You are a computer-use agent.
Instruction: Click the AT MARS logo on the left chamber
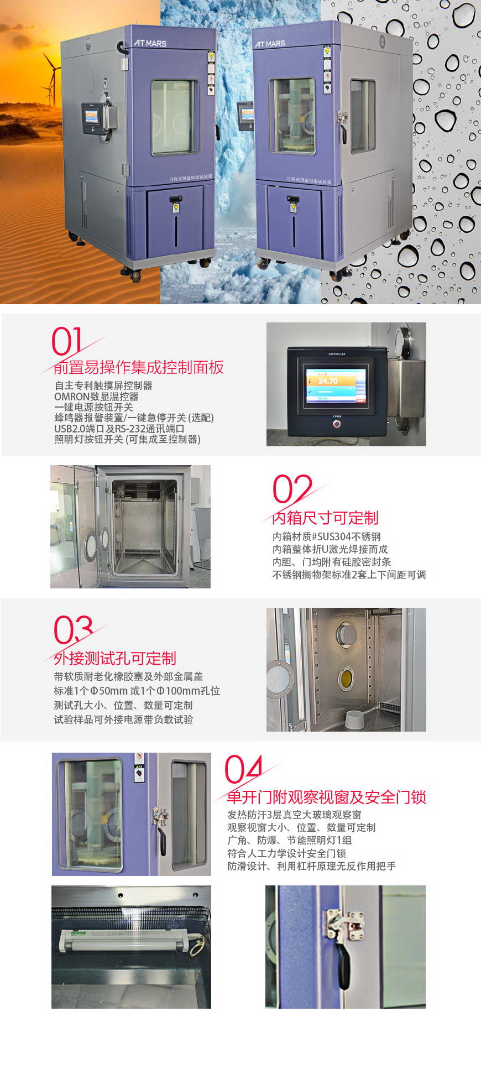coord(150,43)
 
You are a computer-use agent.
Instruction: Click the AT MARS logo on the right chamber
coord(270,44)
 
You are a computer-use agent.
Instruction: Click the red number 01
coord(67,341)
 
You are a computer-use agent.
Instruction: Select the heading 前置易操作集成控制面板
coord(139,367)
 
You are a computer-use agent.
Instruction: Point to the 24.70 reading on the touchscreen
coord(328,381)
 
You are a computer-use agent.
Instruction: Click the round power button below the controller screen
coord(337,424)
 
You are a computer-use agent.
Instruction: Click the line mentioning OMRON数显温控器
coord(96,397)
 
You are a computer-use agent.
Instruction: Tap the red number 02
coord(292,489)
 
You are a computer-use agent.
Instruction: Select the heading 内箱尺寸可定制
coord(325,518)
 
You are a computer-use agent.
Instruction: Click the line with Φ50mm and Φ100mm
coord(137,691)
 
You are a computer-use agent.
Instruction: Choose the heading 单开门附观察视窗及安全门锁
coord(326,797)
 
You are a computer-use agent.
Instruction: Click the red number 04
coord(243,769)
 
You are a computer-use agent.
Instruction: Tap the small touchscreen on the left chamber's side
coord(92,117)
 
